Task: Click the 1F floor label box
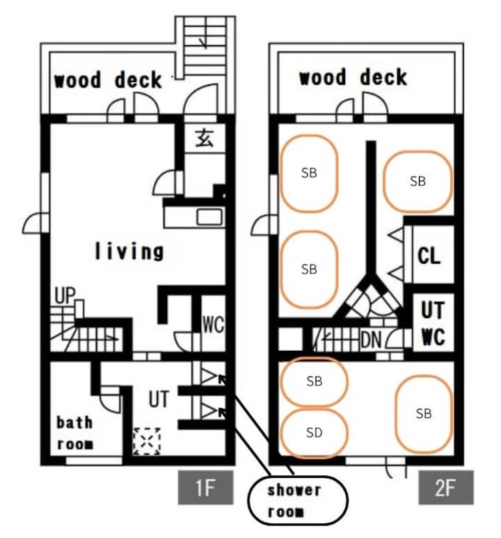[205, 487]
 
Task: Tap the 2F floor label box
[446, 487]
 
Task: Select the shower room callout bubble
[298, 500]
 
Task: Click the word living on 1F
[129, 251]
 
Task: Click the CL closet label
[429, 256]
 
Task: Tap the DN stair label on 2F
[371, 340]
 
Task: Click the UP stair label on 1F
[65, 295]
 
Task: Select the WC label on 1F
[213, 324]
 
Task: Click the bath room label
[75, 433]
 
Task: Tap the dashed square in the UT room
[147, 441]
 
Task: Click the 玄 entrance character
[205, 139]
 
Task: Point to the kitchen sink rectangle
[209, 217]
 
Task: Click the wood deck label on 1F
[108, 79]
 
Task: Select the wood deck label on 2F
[353, 77]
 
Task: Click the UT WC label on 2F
[433, 323]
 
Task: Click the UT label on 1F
[159, 399]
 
